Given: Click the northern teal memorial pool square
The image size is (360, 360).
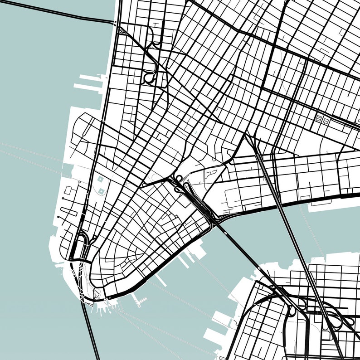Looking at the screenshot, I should [100, 180].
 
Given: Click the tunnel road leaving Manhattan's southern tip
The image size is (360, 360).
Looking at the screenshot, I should [91, 331].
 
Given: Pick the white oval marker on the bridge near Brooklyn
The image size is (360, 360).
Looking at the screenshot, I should [259, 268].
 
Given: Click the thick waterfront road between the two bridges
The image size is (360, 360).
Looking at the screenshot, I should [254, 211].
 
